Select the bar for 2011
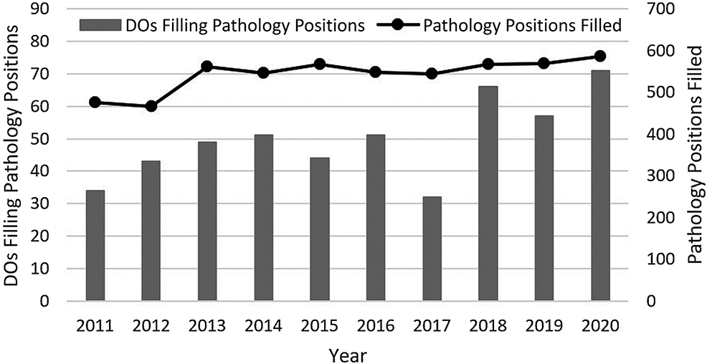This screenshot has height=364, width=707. [x=95, y=246]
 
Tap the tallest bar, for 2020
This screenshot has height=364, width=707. [x=600, y=186]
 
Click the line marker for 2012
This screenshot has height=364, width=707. [x=151, y=106]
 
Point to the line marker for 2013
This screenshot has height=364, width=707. [x=207, y=66]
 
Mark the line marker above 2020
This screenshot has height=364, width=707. [x=600, y=56]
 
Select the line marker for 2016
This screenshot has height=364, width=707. [x=376, y=72]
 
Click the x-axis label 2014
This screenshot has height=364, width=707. [x=264, y=325]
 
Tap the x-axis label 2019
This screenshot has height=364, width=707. [x=544, y=325]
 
